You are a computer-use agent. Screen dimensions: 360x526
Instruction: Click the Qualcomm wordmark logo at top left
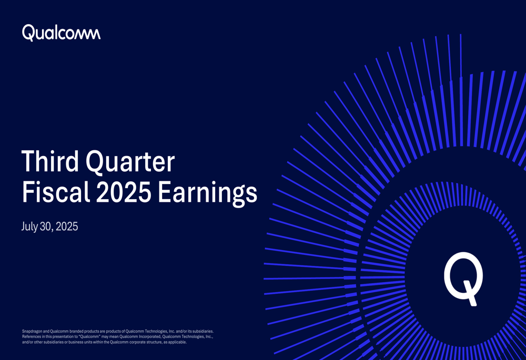[x=61, y=33]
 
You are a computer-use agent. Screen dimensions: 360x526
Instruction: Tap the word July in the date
[x=29, y=227]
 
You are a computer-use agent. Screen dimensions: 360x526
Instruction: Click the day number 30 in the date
[x=46, y=227]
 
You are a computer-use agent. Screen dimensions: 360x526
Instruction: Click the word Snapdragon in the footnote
[x=33, y=331]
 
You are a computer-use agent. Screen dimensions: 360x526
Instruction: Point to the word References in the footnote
[x=33, y=336]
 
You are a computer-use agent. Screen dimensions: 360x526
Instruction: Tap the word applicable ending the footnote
[x=176, y=342]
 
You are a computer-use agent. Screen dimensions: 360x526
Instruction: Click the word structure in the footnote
[x=148, y=342]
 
